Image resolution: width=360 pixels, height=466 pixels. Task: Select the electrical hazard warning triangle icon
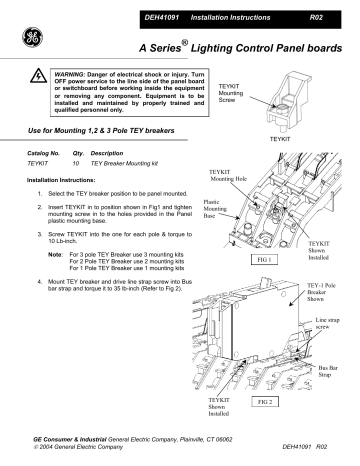tap(39, 80)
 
